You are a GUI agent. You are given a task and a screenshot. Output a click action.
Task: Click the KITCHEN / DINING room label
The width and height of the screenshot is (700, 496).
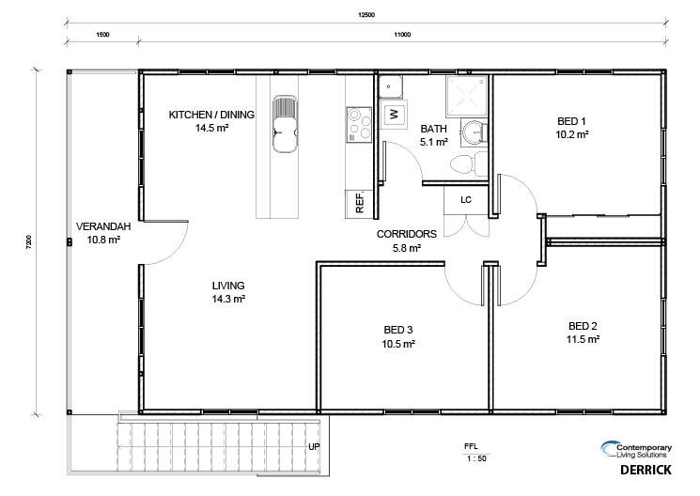(211, 115)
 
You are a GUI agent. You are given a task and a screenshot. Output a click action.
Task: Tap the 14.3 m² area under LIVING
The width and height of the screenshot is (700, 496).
(228, 299)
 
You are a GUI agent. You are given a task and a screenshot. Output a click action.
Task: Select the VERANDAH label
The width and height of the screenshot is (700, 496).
(103, 226)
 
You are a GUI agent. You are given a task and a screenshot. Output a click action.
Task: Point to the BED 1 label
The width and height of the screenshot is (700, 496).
(571, 121)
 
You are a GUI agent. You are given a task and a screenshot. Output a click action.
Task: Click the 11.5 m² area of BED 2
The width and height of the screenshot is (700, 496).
(583, 339)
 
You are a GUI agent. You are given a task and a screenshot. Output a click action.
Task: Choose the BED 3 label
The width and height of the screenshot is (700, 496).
(398, 330)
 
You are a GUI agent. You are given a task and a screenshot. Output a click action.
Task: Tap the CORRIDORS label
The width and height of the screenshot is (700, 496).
(406, 234)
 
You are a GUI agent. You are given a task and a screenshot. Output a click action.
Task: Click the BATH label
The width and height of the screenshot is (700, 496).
(433, 129)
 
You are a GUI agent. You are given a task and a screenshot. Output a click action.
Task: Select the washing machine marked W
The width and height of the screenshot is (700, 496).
(394, 114)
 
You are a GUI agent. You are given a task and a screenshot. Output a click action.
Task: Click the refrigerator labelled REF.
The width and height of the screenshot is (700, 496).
(359, 204)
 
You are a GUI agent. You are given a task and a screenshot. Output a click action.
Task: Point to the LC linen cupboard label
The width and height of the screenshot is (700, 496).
(466, 199)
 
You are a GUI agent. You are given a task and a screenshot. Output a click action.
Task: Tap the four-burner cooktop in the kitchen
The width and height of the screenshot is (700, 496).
(359, 125)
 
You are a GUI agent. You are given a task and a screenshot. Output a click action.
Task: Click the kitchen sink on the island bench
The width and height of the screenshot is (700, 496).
(285, 124)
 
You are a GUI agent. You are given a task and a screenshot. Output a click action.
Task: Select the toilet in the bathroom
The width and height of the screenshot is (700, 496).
(469, 163)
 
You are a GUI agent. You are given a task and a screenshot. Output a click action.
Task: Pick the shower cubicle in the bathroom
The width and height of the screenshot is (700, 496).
(466, 96)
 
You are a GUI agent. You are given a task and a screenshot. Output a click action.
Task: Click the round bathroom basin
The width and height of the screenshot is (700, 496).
(473, 132)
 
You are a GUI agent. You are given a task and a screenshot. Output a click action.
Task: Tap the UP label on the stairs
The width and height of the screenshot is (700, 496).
(314, 446)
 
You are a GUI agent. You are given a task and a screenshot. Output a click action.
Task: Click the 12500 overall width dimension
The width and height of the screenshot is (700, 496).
(366, 15)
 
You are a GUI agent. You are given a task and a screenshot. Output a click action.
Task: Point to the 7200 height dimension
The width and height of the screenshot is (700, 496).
(29, 241)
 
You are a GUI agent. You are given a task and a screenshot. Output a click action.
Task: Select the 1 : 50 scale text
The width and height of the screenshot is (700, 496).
(476, 458)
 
